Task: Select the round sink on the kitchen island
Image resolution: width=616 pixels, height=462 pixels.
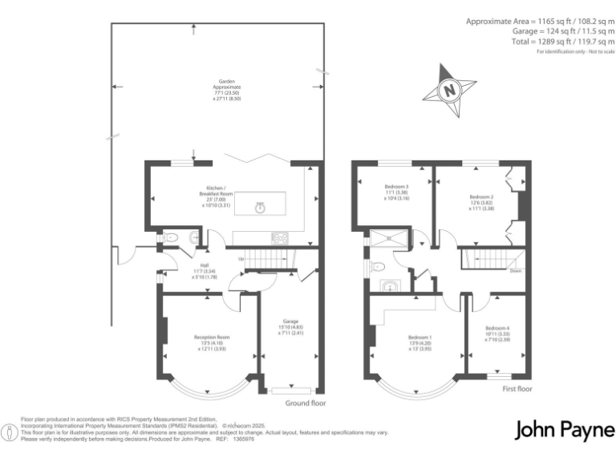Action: click(260, 208)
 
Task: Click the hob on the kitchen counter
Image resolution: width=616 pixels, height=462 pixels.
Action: click(282, 237)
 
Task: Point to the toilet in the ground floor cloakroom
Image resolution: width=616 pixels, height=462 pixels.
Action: click(170, 237)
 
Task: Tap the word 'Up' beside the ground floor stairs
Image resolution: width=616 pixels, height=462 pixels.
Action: click(240, 258)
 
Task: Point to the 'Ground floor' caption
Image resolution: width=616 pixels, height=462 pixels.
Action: click(306, 403)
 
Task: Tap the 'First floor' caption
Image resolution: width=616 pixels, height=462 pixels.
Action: click(517, 389)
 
